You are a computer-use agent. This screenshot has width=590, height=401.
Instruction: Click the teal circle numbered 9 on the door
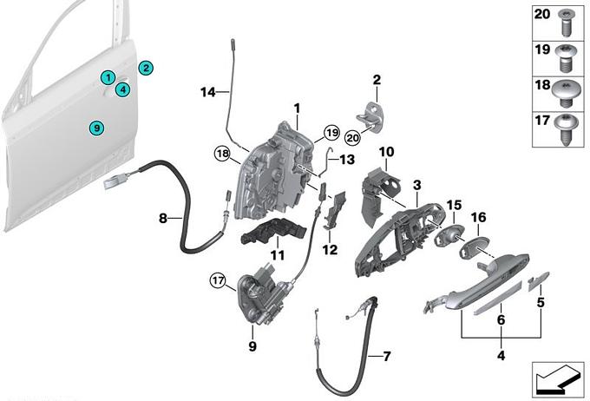coord(97,128)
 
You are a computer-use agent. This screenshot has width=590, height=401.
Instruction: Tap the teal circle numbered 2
coord(146,68)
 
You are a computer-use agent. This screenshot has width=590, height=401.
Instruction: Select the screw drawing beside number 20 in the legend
coord(567,16)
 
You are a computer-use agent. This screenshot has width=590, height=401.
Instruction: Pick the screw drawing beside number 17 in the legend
coord(567,122)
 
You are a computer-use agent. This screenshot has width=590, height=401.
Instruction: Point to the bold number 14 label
coord(207,92)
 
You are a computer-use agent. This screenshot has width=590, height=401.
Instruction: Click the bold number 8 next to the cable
coord(163,219)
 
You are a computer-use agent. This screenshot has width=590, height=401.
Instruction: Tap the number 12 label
coord(331,251)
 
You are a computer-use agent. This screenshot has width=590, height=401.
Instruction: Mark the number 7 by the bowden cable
coord(387,356)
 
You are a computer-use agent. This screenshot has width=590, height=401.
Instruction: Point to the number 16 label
coord(480,217)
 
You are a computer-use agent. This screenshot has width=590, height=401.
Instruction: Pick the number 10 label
coord(386,152)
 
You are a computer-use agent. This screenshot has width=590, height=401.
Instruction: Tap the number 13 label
coord(347,160)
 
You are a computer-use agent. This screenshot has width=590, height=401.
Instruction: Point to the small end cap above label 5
coord(539,278)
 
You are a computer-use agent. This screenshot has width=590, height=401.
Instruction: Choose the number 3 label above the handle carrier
coord(416,185)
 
